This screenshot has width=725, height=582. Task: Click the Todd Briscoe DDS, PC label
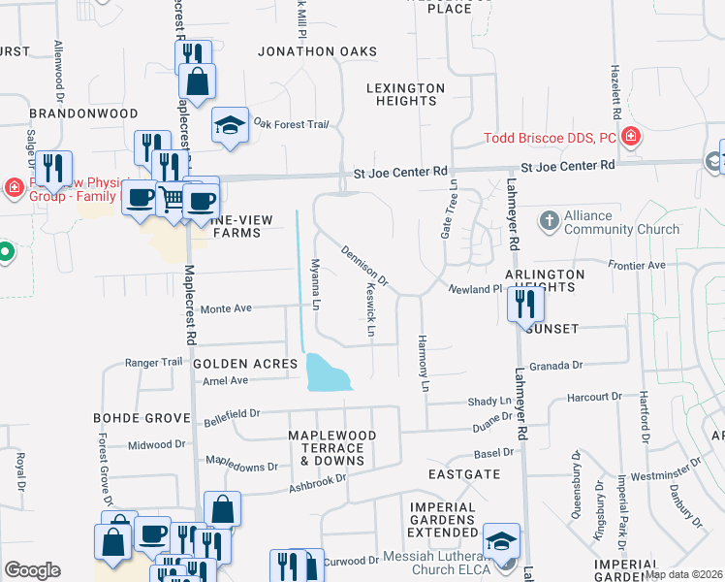point(550,138)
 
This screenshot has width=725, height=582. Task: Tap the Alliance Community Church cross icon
point(550,219)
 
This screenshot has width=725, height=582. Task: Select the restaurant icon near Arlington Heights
point(524,304)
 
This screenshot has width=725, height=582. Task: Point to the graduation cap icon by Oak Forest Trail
point(230,126)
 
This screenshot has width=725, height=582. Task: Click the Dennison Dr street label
point(364,267)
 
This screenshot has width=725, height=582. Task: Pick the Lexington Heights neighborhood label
point(405,94)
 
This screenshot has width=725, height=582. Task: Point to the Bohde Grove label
point(142,418)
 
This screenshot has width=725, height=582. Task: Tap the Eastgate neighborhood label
point(464,474)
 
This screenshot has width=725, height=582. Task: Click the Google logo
point(32,570)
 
